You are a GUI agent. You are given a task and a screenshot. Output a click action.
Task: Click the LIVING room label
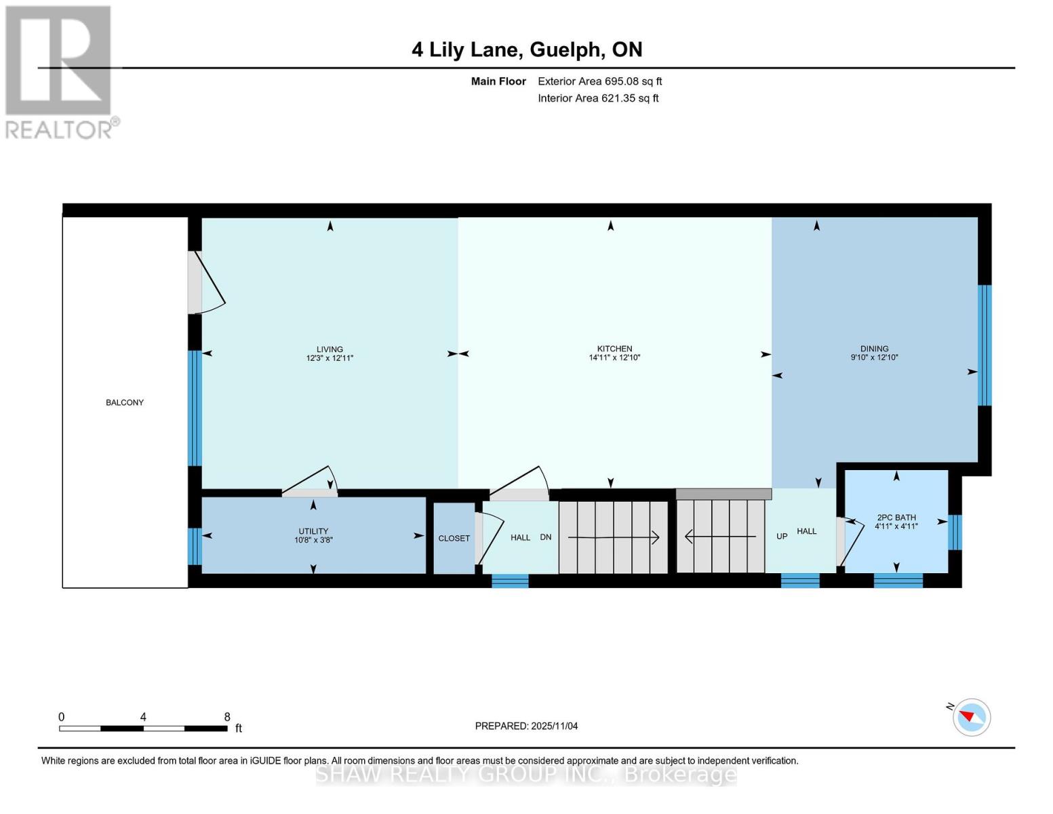[x=330, y=349]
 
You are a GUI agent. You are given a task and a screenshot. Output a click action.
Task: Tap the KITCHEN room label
[x=614, y=349]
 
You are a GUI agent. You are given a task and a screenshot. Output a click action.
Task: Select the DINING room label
[x=874, y=349]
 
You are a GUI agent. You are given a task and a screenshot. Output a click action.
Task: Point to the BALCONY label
[x=125, y=402]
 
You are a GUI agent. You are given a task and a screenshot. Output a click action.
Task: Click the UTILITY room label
[x=313, y=531]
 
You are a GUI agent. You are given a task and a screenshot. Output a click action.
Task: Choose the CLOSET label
[x=454, y=538]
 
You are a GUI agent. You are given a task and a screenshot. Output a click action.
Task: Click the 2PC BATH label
[x=896, y=518]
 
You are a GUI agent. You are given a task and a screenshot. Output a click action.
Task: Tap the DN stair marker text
[x=545, y=537]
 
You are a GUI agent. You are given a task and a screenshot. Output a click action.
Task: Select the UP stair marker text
[x=782, y=536]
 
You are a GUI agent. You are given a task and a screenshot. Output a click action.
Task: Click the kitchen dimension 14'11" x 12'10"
[x=614, y=357]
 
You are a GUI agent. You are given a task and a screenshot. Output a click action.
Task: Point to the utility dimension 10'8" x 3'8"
[x=313, y=541]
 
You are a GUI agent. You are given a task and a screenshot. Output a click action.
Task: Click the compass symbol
[x=971, y=717]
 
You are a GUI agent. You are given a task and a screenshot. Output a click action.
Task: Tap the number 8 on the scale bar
[x=227, y=717]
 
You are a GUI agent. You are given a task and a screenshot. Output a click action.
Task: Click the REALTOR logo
[x=60, y=71]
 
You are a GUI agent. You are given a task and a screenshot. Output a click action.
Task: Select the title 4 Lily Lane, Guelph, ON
[x=527, y=50]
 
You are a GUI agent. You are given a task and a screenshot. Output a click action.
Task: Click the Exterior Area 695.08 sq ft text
[x=599, y=81]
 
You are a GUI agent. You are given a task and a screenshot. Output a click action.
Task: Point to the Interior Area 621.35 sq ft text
[x=598, y=98]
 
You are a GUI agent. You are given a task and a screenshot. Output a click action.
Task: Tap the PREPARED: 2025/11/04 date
[x=526, y=726]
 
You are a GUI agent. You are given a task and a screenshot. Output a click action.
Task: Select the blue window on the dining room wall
[x=985, y=345]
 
